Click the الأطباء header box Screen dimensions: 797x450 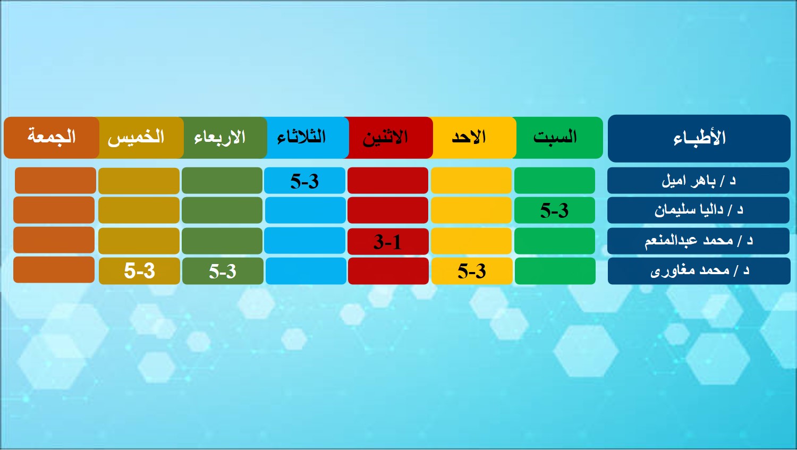[x=699, y=138]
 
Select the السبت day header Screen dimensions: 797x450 [x=558, y=138]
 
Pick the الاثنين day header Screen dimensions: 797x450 [x=388, y=138]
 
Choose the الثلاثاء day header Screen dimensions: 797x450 [x=306, y=138]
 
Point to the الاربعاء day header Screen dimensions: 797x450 [x=223, y=138]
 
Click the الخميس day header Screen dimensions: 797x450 [x=139, y=138]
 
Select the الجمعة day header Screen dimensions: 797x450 [x=52, y=138]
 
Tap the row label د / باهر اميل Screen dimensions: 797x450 [x=699, y=181]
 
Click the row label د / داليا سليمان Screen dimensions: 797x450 [x=699, y=210]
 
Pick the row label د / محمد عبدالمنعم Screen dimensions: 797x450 [x=699, y=241]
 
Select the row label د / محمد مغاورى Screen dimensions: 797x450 [x=699, y=271]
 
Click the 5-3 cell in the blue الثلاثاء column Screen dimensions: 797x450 [x=304, y=181]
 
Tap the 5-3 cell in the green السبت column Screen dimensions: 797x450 [x=555, y=210]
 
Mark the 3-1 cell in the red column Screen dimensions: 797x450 [x=388, y=242]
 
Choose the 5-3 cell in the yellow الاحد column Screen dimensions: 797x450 [x=472, y=271]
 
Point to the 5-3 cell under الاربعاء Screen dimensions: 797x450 [x=223, y=271]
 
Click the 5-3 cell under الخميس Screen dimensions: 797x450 [x=139, y=271]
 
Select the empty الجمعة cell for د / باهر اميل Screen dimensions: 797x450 [x=55, y=180]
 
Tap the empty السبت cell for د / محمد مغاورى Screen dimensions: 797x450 [x=555, y=271]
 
